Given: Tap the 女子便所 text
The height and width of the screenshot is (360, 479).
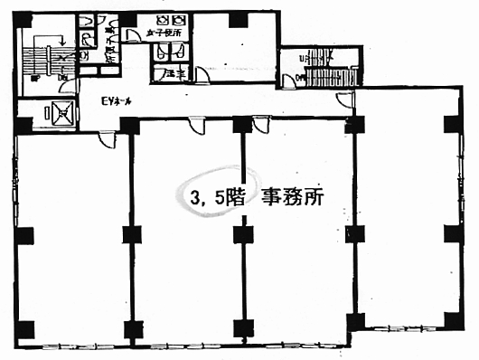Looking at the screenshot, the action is pyautogui.click(x=170, y=32).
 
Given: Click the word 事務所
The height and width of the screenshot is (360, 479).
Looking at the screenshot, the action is pyautogui.click(x=293, y=196).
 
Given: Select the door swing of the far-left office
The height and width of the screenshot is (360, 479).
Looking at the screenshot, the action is pyautogui.click(x=105, y=138).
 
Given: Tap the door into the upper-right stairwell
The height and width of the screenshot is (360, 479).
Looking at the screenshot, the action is pyautogui.click(x=302, y=81).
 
